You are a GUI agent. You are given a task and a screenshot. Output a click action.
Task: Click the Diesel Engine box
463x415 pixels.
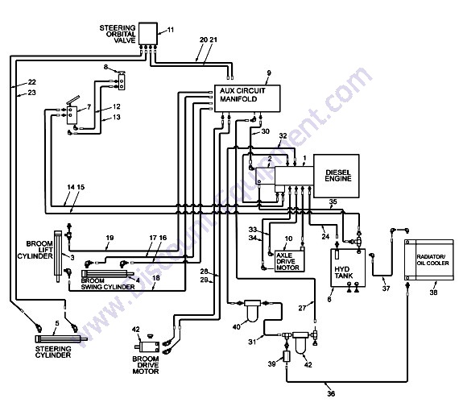(x=337, y=176)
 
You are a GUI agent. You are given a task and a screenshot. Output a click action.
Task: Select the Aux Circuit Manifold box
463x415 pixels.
(x=247, y=98)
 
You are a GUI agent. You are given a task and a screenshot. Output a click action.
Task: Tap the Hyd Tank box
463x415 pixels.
(x=348, y=268)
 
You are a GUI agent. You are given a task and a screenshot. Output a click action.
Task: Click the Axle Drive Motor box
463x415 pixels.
(x=289, y=261)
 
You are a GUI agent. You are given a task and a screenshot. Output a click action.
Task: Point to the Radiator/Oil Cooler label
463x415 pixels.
(x=432, y=259)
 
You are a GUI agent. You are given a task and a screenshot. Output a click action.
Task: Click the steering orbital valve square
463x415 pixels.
(x=148, y=34)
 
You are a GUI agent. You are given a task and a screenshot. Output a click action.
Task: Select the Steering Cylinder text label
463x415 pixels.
(x=53, y=352)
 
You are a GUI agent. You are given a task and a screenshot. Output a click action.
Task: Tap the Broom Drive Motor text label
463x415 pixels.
(x=146, y=365)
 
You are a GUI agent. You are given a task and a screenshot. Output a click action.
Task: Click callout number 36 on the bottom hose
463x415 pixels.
(x=331, y=393)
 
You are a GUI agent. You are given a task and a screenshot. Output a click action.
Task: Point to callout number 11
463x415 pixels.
(x=171, y=30)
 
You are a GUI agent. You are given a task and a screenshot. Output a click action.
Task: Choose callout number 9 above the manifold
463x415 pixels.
(x=269, y=73)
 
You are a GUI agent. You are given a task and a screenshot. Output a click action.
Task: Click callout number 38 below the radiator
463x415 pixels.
(x=433, y=293)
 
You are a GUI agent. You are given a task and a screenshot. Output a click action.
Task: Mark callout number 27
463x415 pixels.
(x=302, y=308)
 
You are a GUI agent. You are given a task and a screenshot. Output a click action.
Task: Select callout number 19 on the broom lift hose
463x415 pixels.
(x=110, y=238)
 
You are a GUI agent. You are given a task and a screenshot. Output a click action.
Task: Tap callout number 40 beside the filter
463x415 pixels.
(x=237, y=326)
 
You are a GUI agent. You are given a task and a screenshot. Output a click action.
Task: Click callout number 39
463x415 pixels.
(x=272, y=363)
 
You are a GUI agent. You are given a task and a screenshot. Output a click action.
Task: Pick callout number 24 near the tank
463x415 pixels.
(x=325, y=236)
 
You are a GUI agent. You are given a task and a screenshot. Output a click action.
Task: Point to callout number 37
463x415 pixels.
(x=387, y=288)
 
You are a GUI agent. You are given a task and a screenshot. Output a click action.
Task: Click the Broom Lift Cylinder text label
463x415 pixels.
(x=35, y=250)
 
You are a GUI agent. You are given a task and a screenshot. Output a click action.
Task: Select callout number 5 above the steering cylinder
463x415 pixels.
(x=57, y=323)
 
